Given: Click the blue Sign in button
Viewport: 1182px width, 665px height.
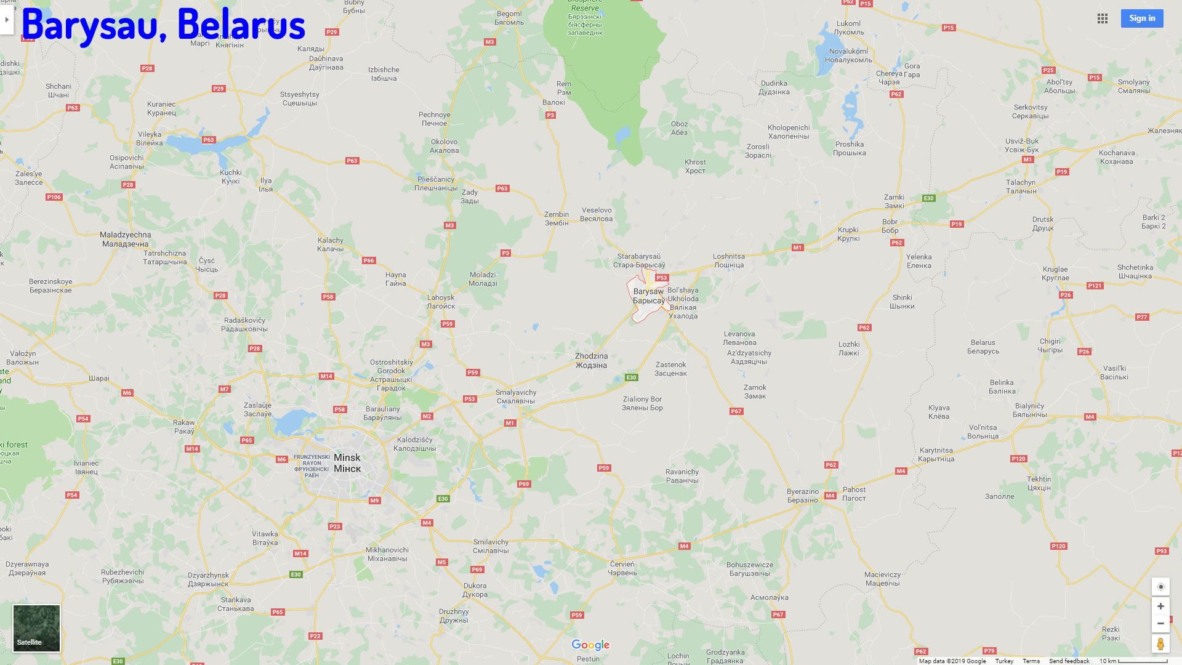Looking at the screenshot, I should pyautogui.click(x=1142, y=18).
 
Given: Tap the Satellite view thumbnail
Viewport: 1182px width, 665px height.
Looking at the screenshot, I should pyautogui.click(x=37, y=628).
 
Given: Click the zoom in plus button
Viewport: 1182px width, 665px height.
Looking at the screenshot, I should pyautogui.click(x=1160, y=607).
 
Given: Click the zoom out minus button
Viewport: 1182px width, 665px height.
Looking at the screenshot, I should pyautogui.click(x=1160, y=623).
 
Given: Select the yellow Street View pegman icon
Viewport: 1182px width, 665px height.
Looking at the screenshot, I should pyautogui.click(x=1160, y=644).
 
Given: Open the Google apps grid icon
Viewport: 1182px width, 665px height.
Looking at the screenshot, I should pyautogui.click(x=1103, y=18).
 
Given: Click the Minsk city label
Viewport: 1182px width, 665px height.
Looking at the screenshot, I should pyautogui.click(x=347, y=463).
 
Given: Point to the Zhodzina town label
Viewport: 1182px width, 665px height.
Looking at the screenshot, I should pyautogui.click(x=591, y=360).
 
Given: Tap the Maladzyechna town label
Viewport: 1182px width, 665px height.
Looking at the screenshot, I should pyautogui.click(x=125, y=239).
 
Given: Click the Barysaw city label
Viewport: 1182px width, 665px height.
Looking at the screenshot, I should pyautogui.click(x=649, y=296).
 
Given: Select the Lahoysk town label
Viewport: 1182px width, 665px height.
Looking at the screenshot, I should pyautogui.click(x=441, y=302).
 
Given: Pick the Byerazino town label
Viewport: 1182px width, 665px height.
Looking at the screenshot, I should pyautogui.click(x=803, y=496).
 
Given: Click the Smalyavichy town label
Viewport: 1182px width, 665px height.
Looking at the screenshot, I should pyautogui.click(x=516, y=397).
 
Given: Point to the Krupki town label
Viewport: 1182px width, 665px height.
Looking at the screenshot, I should pyautogui.click(x=848, y=234).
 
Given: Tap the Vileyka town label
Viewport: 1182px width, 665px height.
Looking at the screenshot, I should pyautogui.click(x=150, y=139).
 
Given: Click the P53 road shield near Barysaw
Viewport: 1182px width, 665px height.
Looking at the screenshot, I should pyautogui.click(x=662, y=278).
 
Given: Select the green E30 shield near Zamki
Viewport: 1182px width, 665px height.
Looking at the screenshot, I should pyautogui.click(x=929, y=198).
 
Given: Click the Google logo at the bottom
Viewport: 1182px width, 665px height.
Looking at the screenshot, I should pyautogui.click(x=590, y=645).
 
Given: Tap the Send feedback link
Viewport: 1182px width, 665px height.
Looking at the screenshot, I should pyautogui.click(x=1069, y=661).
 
